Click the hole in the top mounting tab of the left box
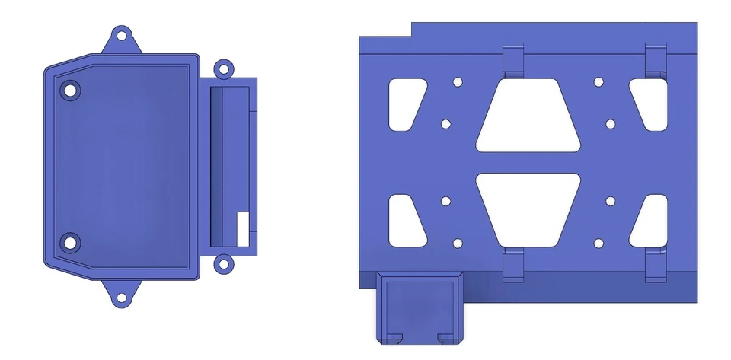(120, 35)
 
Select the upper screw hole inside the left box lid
(71, 90)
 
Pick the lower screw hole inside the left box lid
(70, 244)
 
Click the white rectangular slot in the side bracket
(244, 228)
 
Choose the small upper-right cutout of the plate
(649, 103)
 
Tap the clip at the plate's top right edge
(656, 59)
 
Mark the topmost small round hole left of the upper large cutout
(458, 82)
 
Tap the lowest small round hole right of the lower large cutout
(599, 244)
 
